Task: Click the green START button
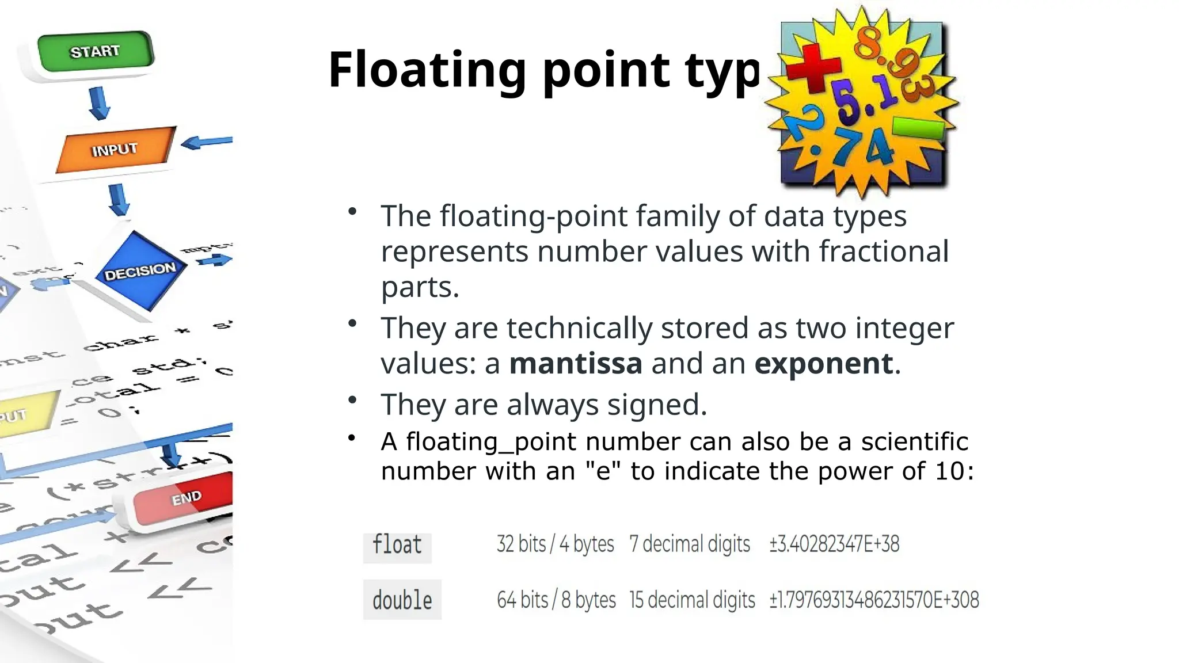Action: [x=96, y=52]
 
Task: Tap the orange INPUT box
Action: [x=115, y=150]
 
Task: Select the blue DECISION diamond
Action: [x=140, y=270]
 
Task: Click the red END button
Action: [x=183, y=498]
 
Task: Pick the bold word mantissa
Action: [x=576, y=364]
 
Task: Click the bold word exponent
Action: [x=824, y=364]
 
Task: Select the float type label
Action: [x=397, y=544]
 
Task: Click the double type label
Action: [x=402, y=600]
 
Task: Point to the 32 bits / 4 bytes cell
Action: [x=555, y=544]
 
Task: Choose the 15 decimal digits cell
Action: [x=692, y=600]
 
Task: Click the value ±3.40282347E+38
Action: [x=834, y=544]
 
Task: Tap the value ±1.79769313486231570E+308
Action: [x=874, y=600]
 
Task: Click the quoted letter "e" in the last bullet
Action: [x=603, y=471]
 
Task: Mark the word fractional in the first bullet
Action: [x=884, y=252]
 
